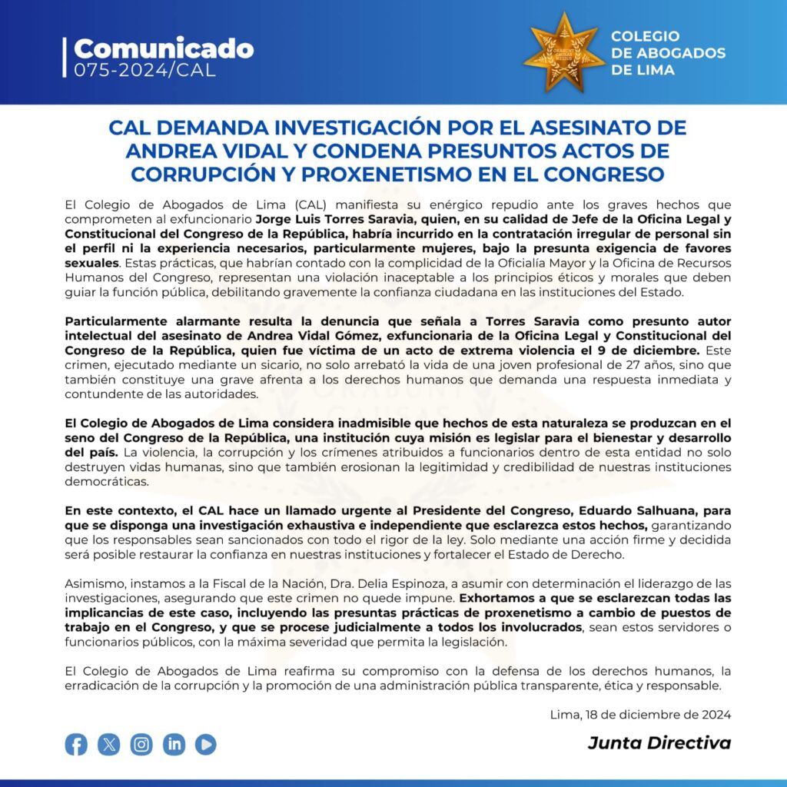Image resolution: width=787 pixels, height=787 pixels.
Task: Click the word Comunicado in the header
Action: tap(163, 48)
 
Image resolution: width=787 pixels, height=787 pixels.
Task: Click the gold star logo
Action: tap(563, 52)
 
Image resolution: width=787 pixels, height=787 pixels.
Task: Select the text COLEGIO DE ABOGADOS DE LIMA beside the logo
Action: tap(668, 53)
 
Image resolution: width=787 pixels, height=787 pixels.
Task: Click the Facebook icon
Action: tap(76, 744)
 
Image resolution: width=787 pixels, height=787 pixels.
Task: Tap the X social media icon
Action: tap(109, 744)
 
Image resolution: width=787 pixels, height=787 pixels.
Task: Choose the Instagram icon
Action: tap(141, 744)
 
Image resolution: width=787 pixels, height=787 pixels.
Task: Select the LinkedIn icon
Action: tap(174, 744)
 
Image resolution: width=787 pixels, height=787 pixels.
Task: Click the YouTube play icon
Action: tap(205, 744)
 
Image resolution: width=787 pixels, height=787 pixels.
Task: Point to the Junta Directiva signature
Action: tap(659, 743)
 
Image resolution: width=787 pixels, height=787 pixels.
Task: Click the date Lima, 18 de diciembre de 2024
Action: tap(640, 714)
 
